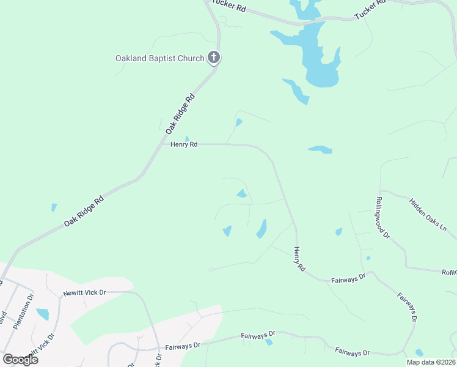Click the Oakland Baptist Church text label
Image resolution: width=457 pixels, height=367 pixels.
160,59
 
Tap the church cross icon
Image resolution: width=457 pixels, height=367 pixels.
213,58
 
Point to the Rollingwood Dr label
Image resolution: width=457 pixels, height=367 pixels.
382,217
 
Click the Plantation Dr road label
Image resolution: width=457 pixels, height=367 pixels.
26,310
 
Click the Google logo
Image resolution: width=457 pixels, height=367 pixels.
20,360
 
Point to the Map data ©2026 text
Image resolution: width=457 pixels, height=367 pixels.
431,362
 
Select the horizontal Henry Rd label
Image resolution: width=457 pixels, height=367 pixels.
184,144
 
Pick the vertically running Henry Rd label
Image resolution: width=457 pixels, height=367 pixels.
299,259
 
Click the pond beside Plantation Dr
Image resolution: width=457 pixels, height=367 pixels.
43,314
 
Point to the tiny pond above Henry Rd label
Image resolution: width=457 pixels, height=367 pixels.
187,138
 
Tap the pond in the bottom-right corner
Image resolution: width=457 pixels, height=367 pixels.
419,353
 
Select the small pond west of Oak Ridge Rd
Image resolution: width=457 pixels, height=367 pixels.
53,207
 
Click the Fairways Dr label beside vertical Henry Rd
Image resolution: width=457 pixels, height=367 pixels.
348,277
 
